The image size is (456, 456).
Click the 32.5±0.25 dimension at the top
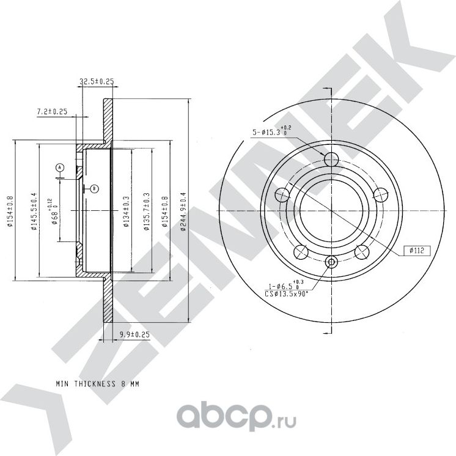click(98, 81)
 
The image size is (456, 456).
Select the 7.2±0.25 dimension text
click(52, 112)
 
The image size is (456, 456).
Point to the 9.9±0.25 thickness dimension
click(134, 334)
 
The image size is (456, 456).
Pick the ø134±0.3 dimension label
click(125, 211)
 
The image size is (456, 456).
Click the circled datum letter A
click(60, 167)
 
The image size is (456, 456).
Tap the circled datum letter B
click(94, 189)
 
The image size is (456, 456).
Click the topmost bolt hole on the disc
click(331, 160)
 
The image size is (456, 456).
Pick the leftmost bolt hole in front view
click(282, 196)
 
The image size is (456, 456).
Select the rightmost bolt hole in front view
click(380, 196)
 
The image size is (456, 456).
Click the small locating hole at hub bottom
click(331, 262)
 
